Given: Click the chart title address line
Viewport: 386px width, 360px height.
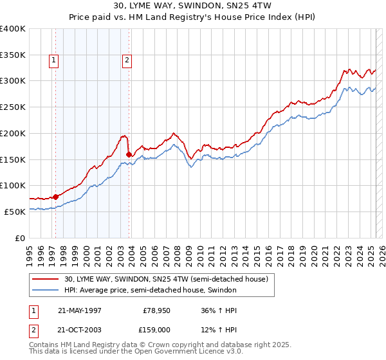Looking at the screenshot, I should [193, 6].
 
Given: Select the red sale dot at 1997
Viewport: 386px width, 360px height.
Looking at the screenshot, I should [56, 196].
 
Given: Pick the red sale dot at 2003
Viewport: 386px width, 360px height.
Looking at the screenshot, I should [129, 154].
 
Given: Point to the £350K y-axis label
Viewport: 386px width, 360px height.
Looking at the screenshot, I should [13, 55].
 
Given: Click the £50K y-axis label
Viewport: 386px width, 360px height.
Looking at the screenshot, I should [15, 212].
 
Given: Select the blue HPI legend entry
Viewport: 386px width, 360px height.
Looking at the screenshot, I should [151, 291].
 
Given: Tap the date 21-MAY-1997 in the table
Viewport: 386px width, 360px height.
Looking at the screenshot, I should [80, 310].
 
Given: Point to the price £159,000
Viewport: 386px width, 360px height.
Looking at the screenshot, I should [156, 330].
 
